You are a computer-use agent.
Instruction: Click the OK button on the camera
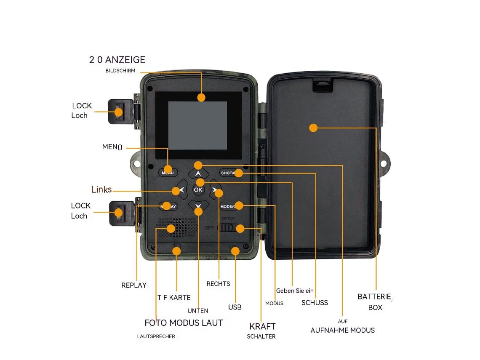pyautogui.click(x=198, y=190)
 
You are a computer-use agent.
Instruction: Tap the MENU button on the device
pyautogui.click(x=168, y=173)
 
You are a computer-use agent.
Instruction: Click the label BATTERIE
pyautogui.click(x=374, y=296)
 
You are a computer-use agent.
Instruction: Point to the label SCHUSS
pyautogui.click(x=315, y=302)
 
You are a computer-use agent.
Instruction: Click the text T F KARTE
pyautogui.click(x=174, y=298)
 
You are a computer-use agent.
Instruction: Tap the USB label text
pyautogui.click(x=235, y=307)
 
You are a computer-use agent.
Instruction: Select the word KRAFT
pyautogui.click(x=262, y=326)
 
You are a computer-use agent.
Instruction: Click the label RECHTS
pyautogui.click(x=218, y=284)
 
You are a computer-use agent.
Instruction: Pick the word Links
pyautogui.click(x=101, y=189)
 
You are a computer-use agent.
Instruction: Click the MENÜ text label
pyautogui.click(x=112, y=147)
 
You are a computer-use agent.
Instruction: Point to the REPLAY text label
pyautogui.click(x=134, y=285)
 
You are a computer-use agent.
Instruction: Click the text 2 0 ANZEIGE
pyautogui.click(x=117, y=60)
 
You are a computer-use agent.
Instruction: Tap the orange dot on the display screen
pyautogui.click(x=201, y=98)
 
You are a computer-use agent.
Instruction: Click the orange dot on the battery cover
pyautogui.click(x=313, y=128)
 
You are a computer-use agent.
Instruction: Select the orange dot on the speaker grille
pyautogui.click(x=171, y=229)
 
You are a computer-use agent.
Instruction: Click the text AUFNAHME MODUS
pyautogui.click(x=342, y=330)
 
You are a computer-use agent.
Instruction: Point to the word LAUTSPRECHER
pyautogui.click(x=156, y=336)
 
